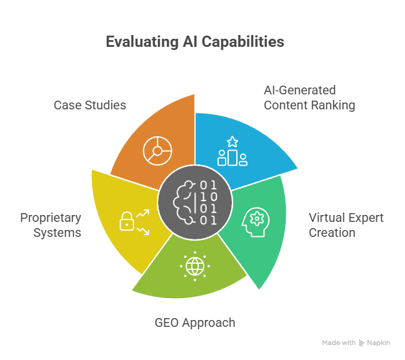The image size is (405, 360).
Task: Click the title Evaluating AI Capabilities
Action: click(194, 42)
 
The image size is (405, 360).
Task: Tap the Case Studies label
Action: click(90, 105)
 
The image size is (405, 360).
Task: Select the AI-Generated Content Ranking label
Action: click(309, 97)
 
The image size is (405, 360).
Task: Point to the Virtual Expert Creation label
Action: click(346, 225)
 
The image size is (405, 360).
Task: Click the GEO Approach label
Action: click(195, 322)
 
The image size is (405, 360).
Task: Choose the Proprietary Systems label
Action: click(51, 225)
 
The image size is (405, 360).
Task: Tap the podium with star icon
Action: click(232, 152)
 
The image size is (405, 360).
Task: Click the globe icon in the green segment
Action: click(194, 266)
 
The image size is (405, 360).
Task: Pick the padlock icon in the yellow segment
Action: click(127, 221)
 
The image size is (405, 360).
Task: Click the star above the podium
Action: click(232, 141)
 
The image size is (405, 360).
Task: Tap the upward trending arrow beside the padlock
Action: click(143, 214)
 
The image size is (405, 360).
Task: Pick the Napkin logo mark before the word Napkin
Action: click(362, 342)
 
